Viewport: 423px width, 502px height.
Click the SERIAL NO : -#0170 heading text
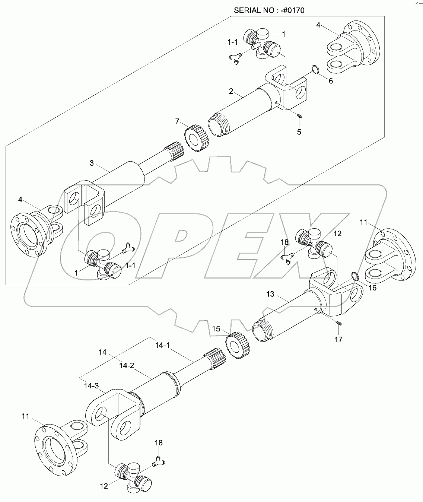point(269,10)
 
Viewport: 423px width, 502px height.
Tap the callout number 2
point(231,91)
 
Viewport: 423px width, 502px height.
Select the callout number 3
point(92,163)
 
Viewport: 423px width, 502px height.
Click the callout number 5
point(299,131)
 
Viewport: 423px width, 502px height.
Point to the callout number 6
point(331,81)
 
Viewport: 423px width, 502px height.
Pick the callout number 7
point(178,121)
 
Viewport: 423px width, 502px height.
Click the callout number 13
point(270,294)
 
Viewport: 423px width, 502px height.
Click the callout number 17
point(338,339)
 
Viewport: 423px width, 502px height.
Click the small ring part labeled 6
point(315,69)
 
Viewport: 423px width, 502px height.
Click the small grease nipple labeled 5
point(299,116)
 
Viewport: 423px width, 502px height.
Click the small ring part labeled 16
point(355,276)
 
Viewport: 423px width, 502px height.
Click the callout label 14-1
point(162,345)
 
